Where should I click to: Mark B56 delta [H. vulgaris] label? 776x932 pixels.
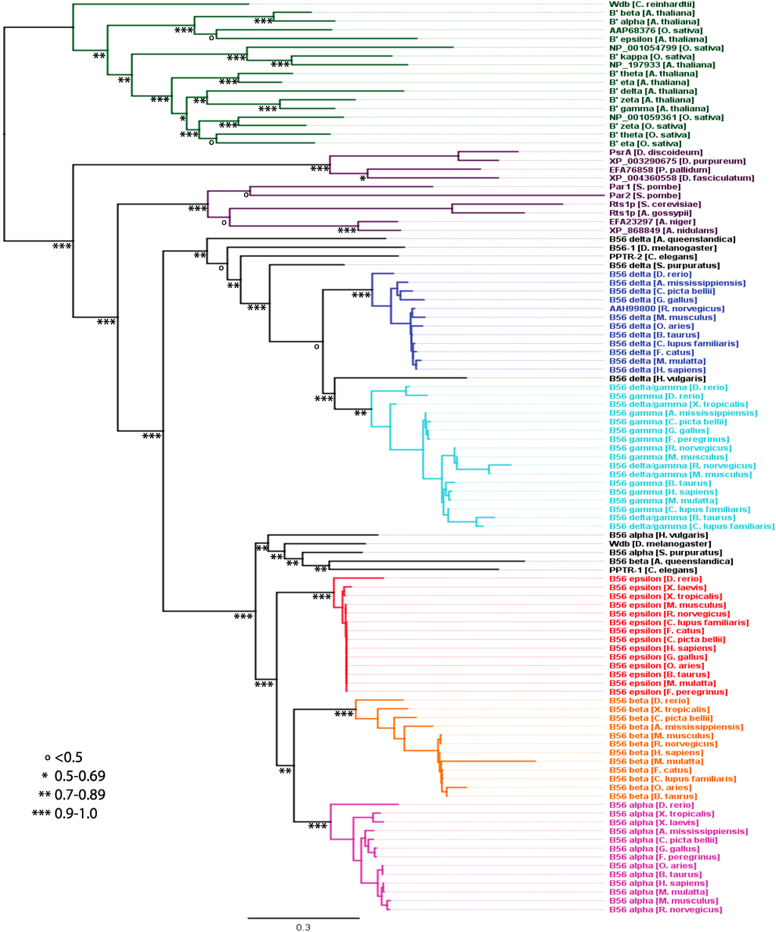coord(657,378)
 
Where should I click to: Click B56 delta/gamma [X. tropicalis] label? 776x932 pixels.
coord(678,405)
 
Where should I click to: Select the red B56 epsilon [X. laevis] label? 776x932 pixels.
coord(657,587)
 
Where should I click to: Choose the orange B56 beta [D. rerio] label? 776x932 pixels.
coord(650,701)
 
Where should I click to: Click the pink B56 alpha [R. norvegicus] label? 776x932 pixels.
coord(665,909)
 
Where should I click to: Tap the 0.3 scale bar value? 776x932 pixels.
coord(303,926)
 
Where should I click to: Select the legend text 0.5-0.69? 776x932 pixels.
coord(80,776)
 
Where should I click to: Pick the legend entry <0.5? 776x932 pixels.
coord(68,757)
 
